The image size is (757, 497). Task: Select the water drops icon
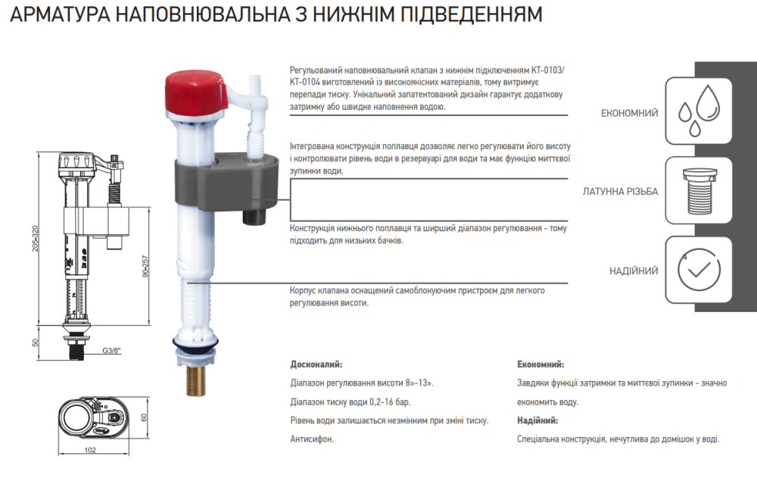click(699, 111)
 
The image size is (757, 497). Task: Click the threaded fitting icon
click(699, 191)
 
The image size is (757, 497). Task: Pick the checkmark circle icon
click(699, 270)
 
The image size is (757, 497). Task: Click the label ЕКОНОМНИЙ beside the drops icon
click(629, 113)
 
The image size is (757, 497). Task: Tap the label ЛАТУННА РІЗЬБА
click(620, 192)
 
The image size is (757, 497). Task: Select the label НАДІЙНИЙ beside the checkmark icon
click(634, 270)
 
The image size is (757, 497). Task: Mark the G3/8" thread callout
click(112, 351)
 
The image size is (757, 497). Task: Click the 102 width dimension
click(90, 450)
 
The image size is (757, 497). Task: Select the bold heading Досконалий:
click(316, 364)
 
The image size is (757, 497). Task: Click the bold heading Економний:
click(540, 364)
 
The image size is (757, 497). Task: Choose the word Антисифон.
click(312, 439)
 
